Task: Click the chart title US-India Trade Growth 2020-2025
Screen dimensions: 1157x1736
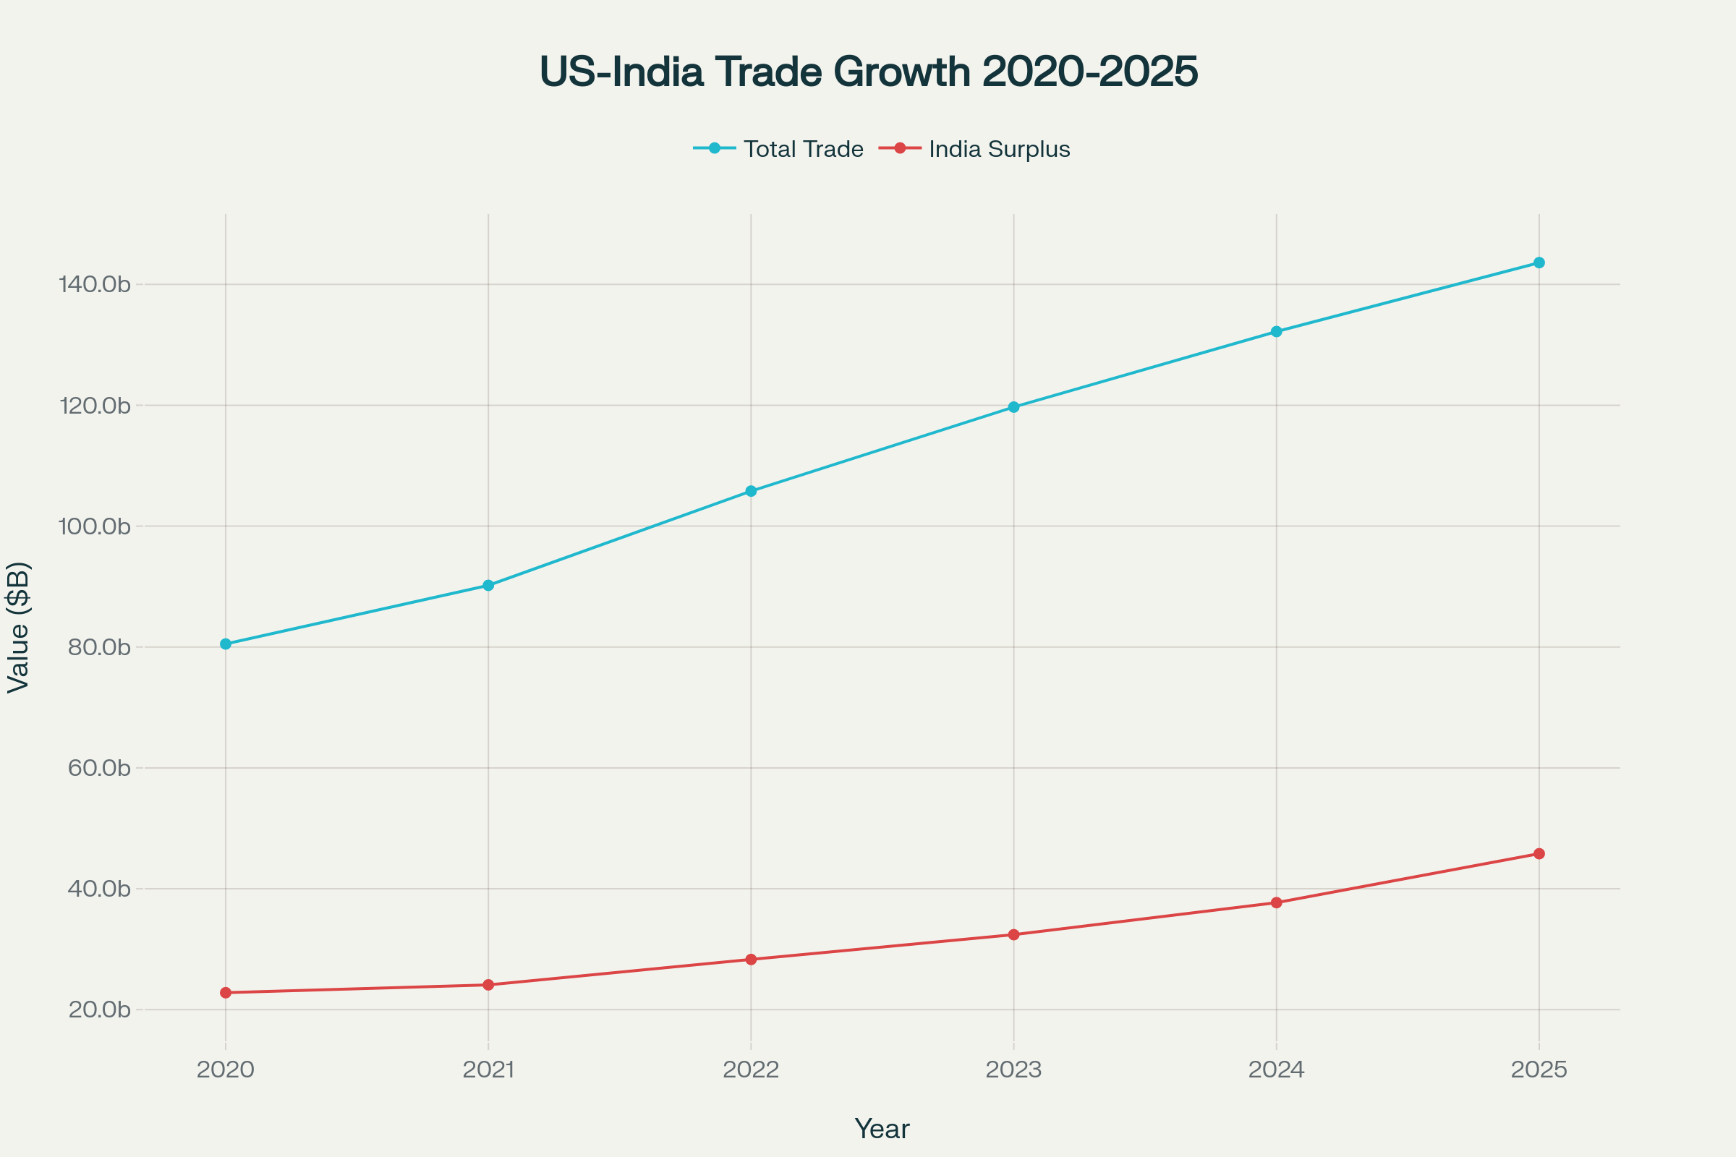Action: coord(869,72)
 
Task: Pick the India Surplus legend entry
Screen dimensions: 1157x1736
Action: coord(974,149)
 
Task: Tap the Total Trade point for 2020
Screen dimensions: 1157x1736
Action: coord(226,644)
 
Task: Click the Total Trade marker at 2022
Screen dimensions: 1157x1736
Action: coord(751,492)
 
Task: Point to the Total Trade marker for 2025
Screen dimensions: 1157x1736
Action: coord(1539,262)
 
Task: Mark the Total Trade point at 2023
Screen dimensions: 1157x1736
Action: coord(1013,407)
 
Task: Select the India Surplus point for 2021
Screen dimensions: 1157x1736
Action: coord(488,985)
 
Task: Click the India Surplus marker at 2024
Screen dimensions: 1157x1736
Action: coord(1276,903)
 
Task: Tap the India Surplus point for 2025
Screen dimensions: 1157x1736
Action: coord(1539,854)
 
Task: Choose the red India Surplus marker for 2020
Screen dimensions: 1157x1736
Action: coord(226,993)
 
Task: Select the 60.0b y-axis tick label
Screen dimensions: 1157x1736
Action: coord(99,768)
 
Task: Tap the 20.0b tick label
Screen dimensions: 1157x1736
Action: coord(99,1010)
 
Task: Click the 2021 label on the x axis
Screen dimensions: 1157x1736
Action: coord(488,1070)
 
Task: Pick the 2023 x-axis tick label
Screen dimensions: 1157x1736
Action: coord(1013,1070)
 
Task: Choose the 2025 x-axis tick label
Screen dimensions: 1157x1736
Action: coord(1539,1070)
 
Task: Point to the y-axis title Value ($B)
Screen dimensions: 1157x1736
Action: coord(19,627)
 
